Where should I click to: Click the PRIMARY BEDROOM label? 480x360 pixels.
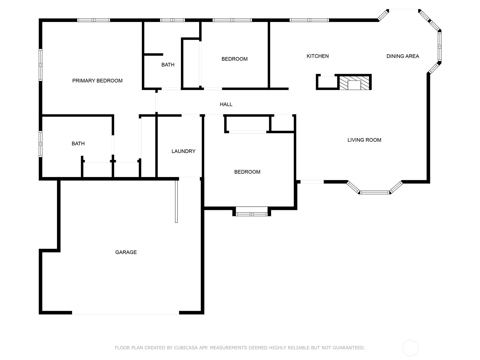[97, 81]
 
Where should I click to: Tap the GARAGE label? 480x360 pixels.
[126, 252]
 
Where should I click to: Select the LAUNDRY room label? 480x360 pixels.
[184, 151]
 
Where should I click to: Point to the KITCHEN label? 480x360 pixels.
[317, 56]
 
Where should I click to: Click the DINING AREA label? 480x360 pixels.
[403, 56]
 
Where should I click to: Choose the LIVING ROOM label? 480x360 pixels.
[364, 140]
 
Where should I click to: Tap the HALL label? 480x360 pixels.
[226, 104]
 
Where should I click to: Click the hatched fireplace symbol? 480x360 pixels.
[354, 83]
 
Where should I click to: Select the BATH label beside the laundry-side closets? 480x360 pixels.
[78, 144]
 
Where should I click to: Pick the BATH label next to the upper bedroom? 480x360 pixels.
[168, 65]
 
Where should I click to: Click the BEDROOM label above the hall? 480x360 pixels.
[234, 59]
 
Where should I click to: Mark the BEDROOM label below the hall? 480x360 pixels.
[247, 172]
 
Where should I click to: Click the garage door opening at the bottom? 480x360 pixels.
[125, 313]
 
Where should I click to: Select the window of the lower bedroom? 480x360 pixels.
[251, 214]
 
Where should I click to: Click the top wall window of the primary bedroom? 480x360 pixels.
[94, 20]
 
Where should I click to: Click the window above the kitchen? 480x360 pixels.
[309, 20]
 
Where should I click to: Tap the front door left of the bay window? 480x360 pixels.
[312, 182]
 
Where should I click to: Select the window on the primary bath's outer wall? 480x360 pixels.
[40, 144]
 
